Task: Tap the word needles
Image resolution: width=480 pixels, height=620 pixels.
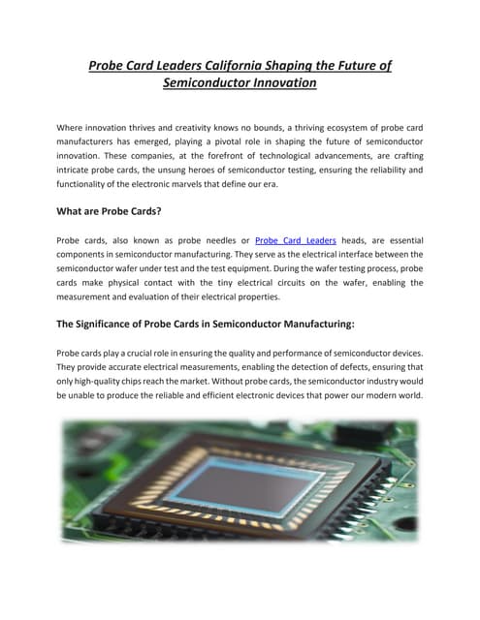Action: [208, 240]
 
